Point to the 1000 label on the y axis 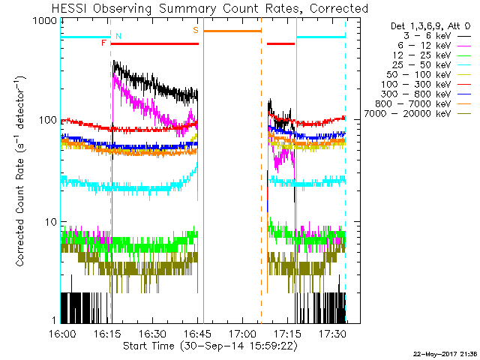coord(46,22)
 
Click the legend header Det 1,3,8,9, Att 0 coord(427,26)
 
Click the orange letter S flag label coord(196,30)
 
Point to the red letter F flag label coord(104,43)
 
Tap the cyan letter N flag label coord(118,36)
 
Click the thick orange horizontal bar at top coord(232,31)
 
